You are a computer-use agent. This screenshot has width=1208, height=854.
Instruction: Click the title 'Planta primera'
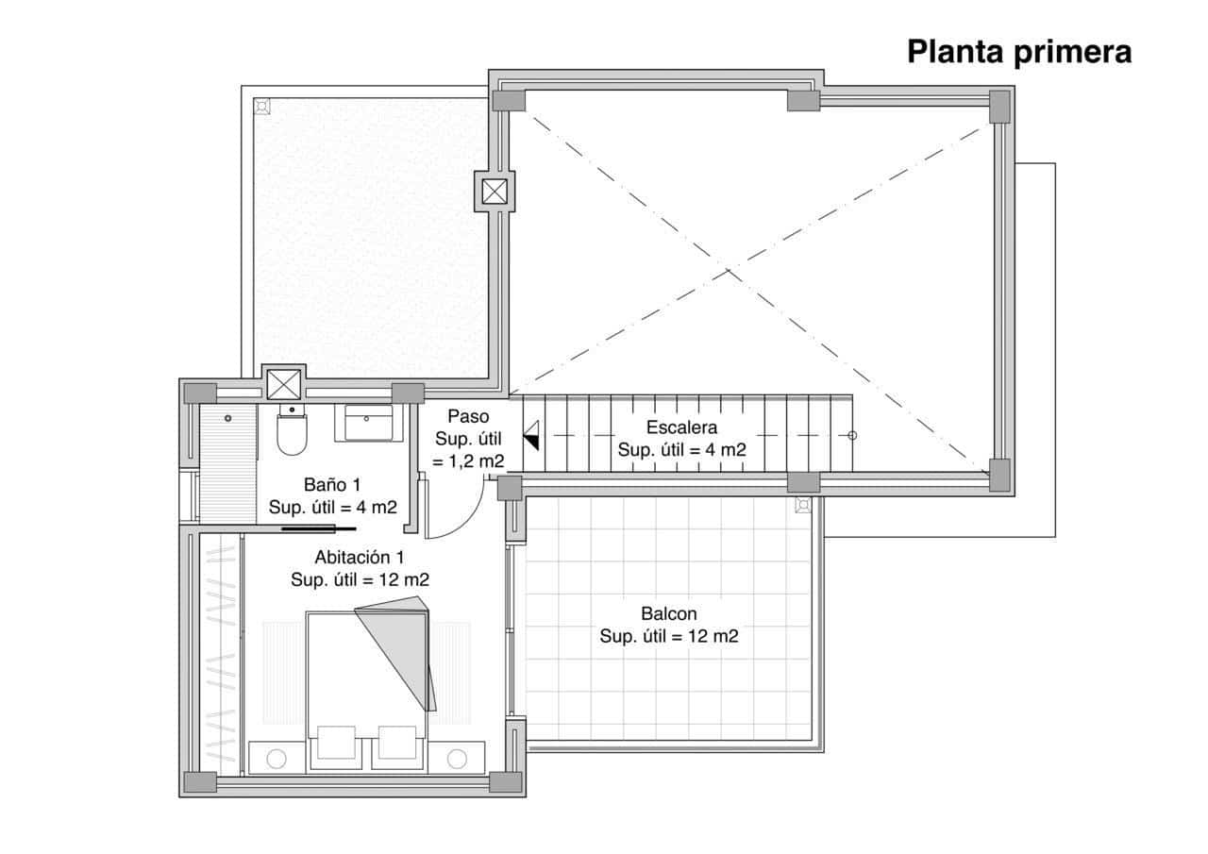tap(1019, 52)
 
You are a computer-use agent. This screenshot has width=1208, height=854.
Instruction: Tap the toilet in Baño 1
tap(292, 433)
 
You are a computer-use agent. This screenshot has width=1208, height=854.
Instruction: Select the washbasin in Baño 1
tap(369, 423)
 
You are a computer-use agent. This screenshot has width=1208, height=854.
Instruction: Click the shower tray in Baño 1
tap(227, 463)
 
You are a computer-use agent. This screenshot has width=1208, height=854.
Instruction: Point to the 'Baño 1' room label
tap(332, 484)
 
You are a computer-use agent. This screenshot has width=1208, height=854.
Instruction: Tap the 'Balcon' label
tap(668, 613)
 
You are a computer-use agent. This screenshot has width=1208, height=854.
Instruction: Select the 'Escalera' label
tap(681, 427)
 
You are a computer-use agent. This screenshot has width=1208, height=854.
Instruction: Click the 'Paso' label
tap(468, 416)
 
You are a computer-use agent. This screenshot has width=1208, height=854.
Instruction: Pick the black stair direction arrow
tap(532, 436)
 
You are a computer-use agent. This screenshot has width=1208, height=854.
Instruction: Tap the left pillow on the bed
tap(336, 742)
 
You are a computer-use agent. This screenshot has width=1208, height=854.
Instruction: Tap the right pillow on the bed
tap(398, 742)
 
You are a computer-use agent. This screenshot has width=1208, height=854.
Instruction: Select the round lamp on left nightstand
tap(277, 758)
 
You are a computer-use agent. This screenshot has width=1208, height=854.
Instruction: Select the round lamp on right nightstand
tap(458, 758)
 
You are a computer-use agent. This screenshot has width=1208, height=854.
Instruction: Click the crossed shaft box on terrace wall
tap(495, 192)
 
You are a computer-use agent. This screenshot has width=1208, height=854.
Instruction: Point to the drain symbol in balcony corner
tap(803, 505)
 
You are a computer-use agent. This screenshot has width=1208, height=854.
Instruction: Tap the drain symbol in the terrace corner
tap(262, 106)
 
